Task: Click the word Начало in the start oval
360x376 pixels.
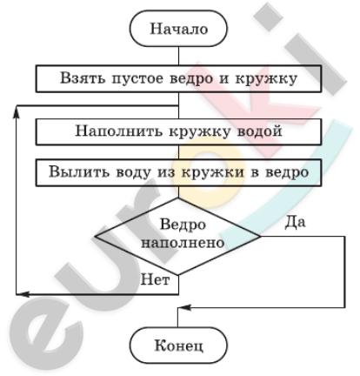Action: tap(179, 29)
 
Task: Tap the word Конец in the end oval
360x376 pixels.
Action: tap(179, 346)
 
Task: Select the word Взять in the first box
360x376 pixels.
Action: tap(83, 78)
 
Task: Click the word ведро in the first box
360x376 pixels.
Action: tap(191, 79)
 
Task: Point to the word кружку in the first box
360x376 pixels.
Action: tap(266, 79)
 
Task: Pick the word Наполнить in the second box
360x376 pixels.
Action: tap(119, 131)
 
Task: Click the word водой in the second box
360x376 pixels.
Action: tap(260, 131)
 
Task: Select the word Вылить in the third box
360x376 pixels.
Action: tap(79, 171)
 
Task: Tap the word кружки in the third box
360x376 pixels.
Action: tap(213, 172)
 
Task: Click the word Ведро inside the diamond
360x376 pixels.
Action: tap(183, 225)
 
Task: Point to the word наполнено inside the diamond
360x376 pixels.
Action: tap(183, 243)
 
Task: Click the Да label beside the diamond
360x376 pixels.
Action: tap(295, 223)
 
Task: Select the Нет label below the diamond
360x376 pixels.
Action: tap(155, 280)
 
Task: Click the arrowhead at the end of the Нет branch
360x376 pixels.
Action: tap(23, 294)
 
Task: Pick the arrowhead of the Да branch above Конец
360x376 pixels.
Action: tap(184, 307)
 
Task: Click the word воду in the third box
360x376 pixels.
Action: tap(133, 172)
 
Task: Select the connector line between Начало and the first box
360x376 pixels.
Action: tap(178, 56)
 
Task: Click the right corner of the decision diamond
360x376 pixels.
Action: tap(261, 236)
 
